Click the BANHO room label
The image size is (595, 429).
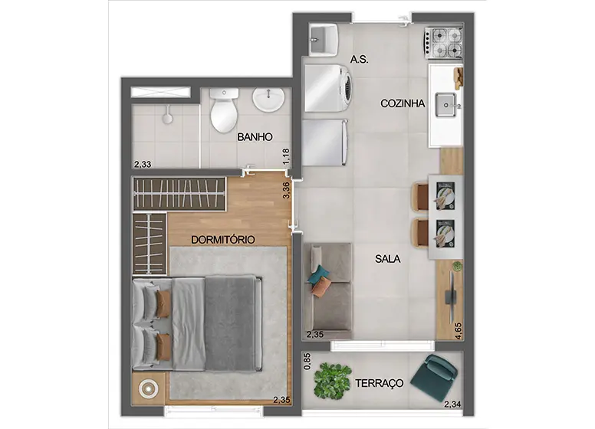(255, 137)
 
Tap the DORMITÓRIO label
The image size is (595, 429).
(223, 240)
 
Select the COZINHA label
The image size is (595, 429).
(403, 103)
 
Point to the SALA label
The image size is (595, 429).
(387, 259)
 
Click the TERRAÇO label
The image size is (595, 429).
(379, 383)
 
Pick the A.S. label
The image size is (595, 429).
(359, 60)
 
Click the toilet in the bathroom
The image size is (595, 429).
(224, 110)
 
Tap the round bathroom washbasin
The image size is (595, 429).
(268, 100)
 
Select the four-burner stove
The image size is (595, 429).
(444, 43)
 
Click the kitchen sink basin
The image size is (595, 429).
(445, 105)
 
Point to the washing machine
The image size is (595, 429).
(328, 88)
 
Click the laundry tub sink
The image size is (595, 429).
(324, 39)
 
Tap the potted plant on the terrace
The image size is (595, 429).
(332, 381)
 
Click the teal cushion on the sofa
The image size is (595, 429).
(318, 275)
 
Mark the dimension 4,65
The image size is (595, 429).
(459, 331)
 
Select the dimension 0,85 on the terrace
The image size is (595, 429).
(307, 362)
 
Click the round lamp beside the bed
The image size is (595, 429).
(149, 389)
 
